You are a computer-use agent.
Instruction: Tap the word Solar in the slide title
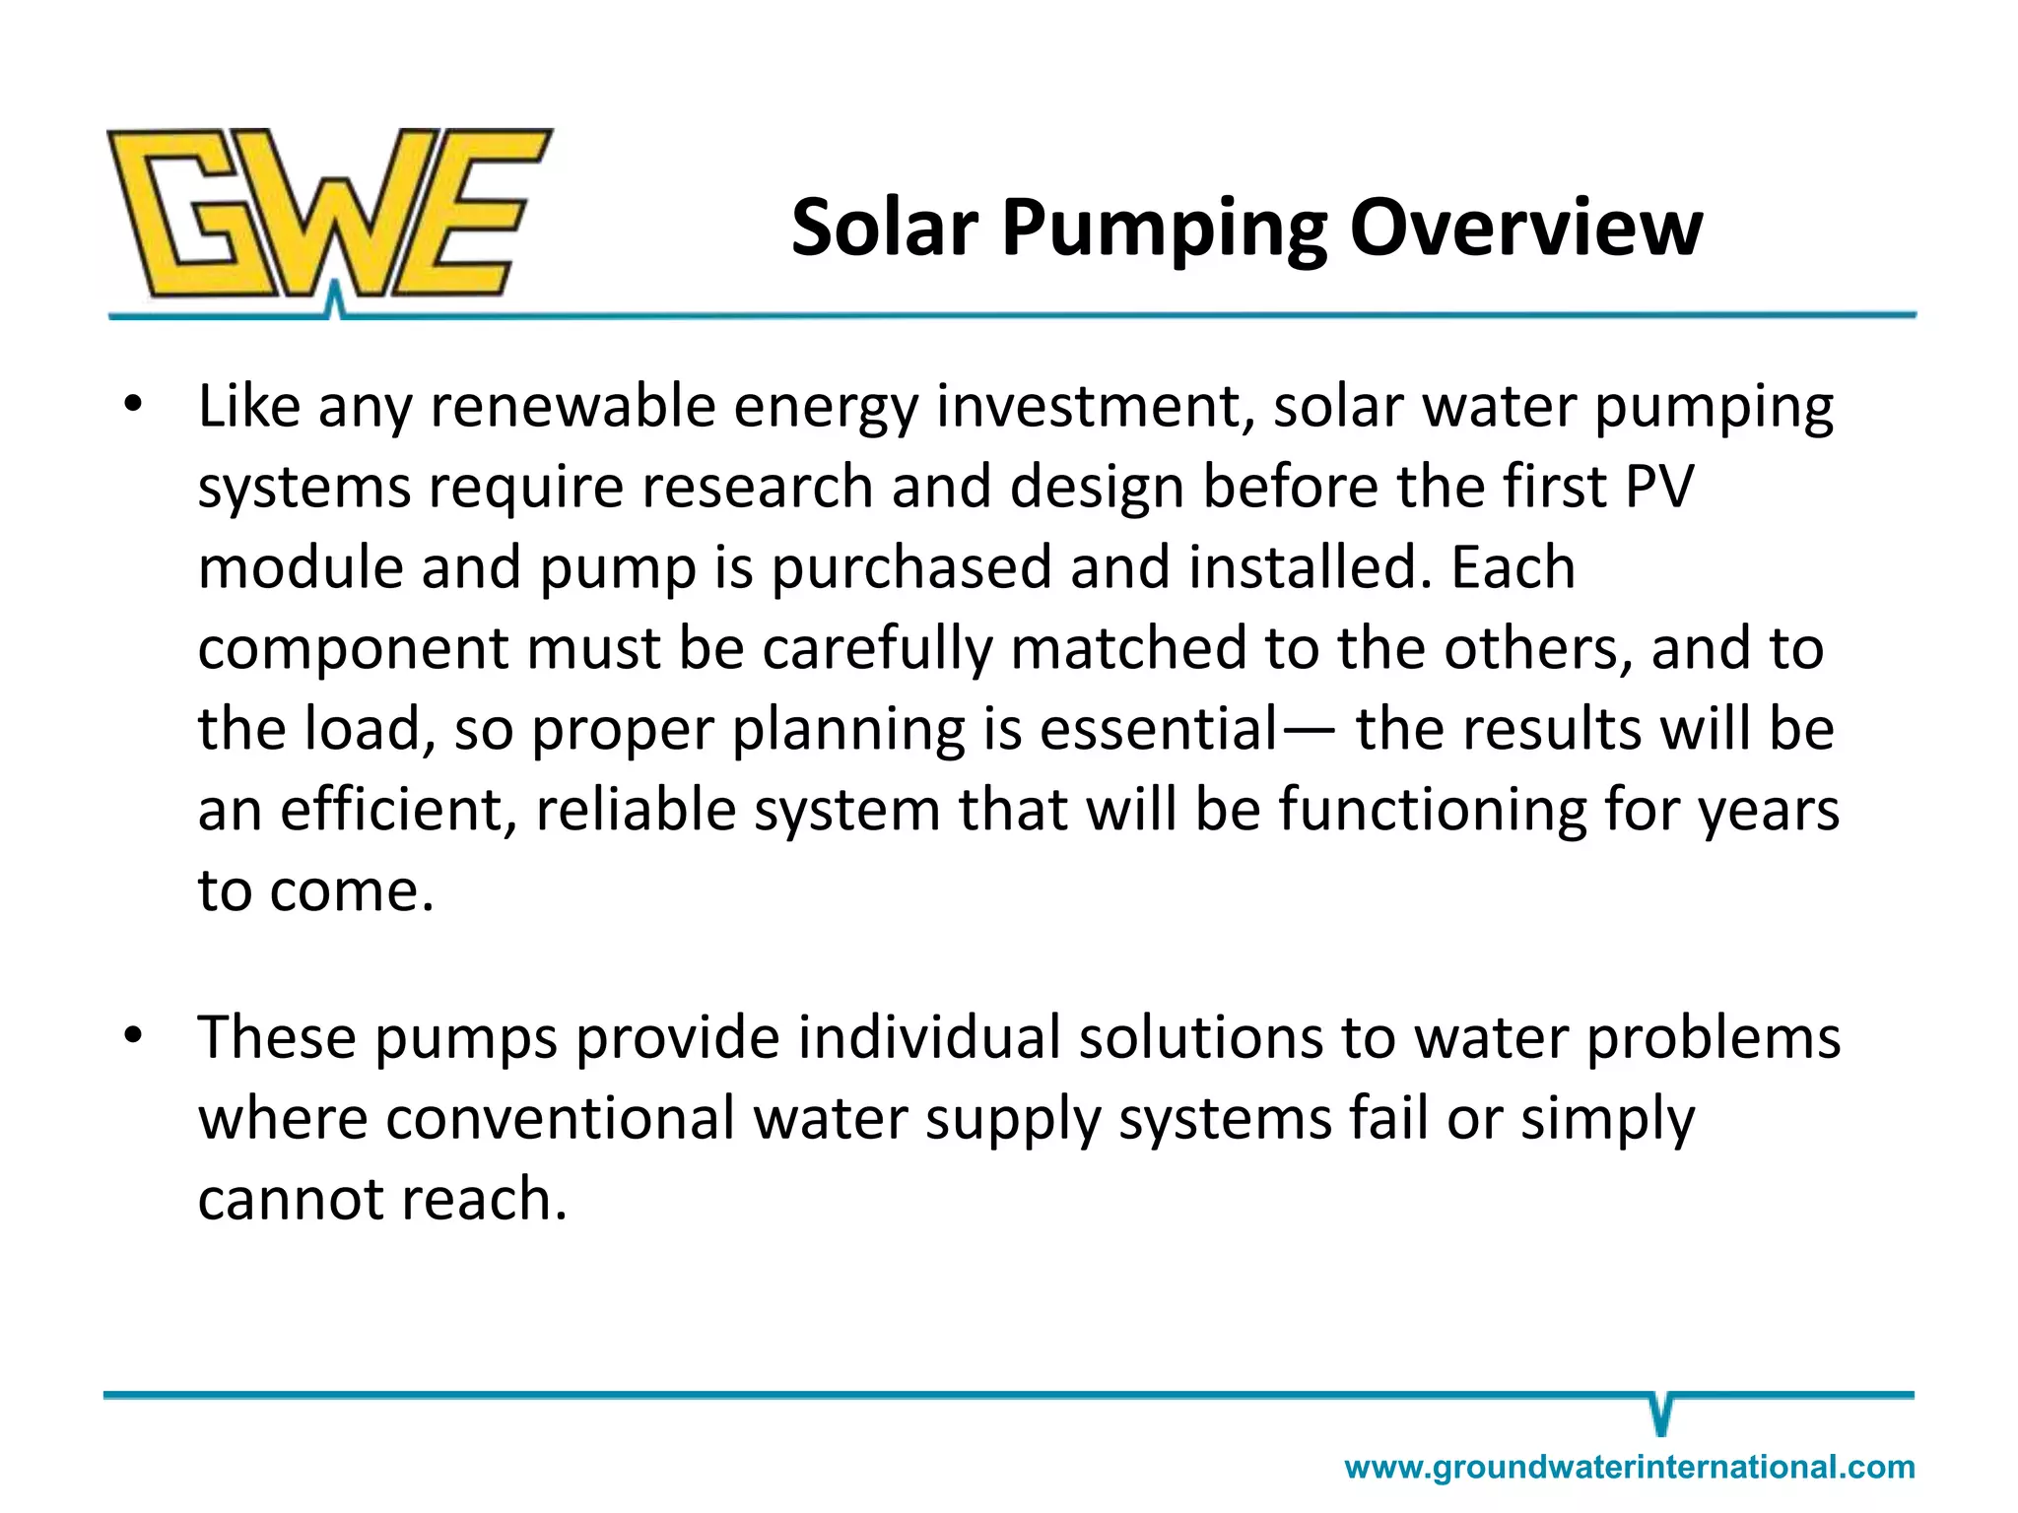[884, 229]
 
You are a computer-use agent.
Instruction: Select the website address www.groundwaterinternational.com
[1629, 1467]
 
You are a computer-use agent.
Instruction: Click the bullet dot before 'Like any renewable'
[134, 405]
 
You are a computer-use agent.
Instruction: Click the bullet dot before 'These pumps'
[134, 1036]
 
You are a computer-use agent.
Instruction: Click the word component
[352, 650]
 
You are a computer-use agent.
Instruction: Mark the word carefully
[876, 650]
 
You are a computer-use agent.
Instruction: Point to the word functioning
[1433, 811]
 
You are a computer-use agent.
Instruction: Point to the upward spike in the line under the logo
[335, 298]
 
